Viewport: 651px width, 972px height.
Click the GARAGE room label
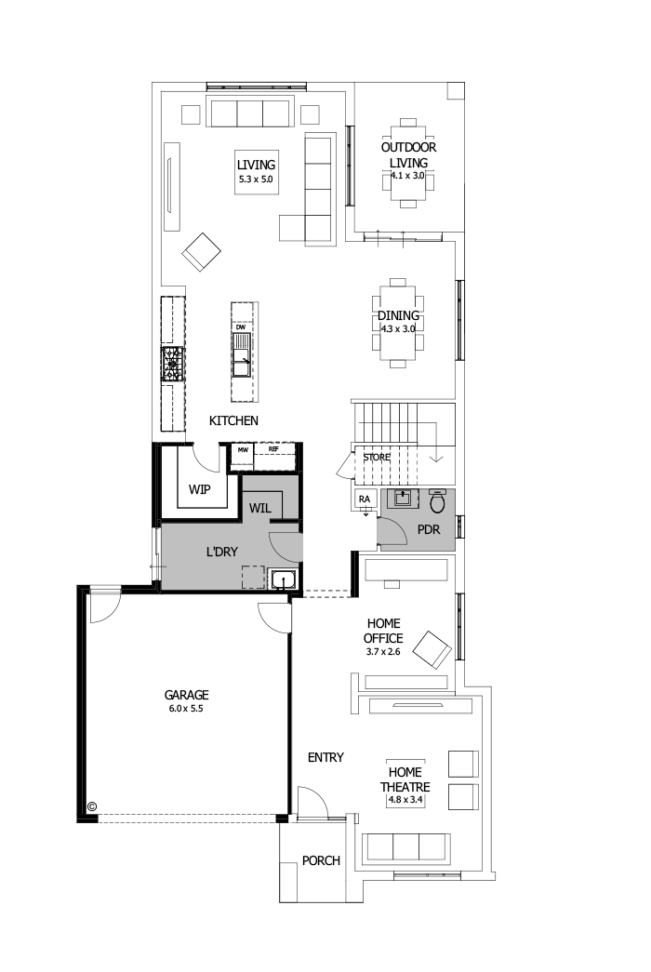coord(186,695)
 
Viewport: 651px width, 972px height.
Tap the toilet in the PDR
coord(438,502)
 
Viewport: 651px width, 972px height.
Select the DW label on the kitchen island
coord(240,327)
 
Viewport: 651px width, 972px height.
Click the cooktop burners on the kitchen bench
coord(173,364)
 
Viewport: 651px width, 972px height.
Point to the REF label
coord(273,449)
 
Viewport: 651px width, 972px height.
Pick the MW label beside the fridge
coord(243,449)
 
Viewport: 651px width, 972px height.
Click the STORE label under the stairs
coord(377,458)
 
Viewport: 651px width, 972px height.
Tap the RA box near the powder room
coord(365,499)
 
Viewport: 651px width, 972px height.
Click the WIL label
coord(259,509)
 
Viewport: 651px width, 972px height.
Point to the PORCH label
coord(321,860)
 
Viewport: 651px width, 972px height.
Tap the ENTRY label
coord(325,757)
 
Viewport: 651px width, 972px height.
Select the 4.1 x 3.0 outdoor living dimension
coord(407,175)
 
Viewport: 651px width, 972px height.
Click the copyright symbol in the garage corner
coord(92,806)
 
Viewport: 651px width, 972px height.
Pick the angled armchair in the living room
coord(201,250)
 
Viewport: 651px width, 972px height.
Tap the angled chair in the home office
coord(432,647)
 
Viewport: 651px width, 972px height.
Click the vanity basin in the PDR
coord(403,499)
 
